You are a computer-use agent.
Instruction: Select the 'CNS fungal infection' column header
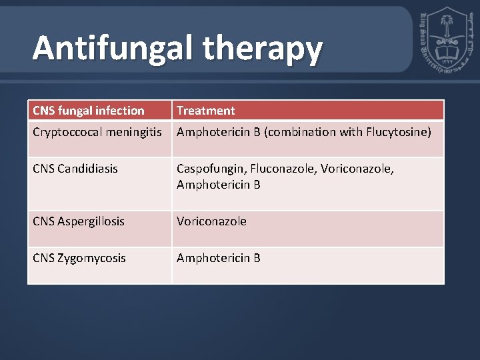coord(89,110)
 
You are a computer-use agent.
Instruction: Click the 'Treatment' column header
coord(205,110)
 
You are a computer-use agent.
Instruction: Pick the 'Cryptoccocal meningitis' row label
coord(98,132)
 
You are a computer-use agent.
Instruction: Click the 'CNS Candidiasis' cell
coord(75,169)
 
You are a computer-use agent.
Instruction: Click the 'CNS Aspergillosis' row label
coord(79,221)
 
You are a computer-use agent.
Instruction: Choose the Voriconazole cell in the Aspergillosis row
coord(211,221)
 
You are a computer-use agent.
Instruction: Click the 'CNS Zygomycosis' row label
coord(79,257)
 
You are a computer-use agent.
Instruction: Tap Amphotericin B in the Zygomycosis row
coord(219,257)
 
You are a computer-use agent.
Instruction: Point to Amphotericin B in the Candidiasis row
coord(219,184)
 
